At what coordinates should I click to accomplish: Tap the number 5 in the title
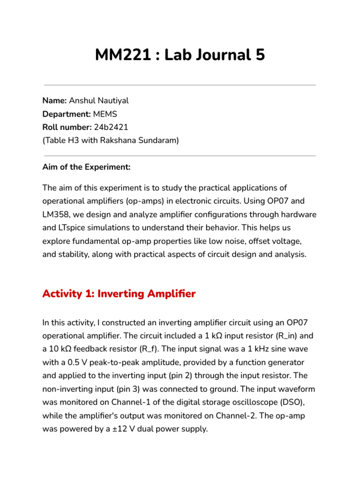click(x=260, y=55)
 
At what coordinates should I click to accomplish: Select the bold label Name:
click(x=54, y=100)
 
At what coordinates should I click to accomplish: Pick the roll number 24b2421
click(x=111, y=127)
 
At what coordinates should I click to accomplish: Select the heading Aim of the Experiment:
click(x=87, y=167)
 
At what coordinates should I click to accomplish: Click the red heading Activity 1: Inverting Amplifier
click(x=119, y=294)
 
